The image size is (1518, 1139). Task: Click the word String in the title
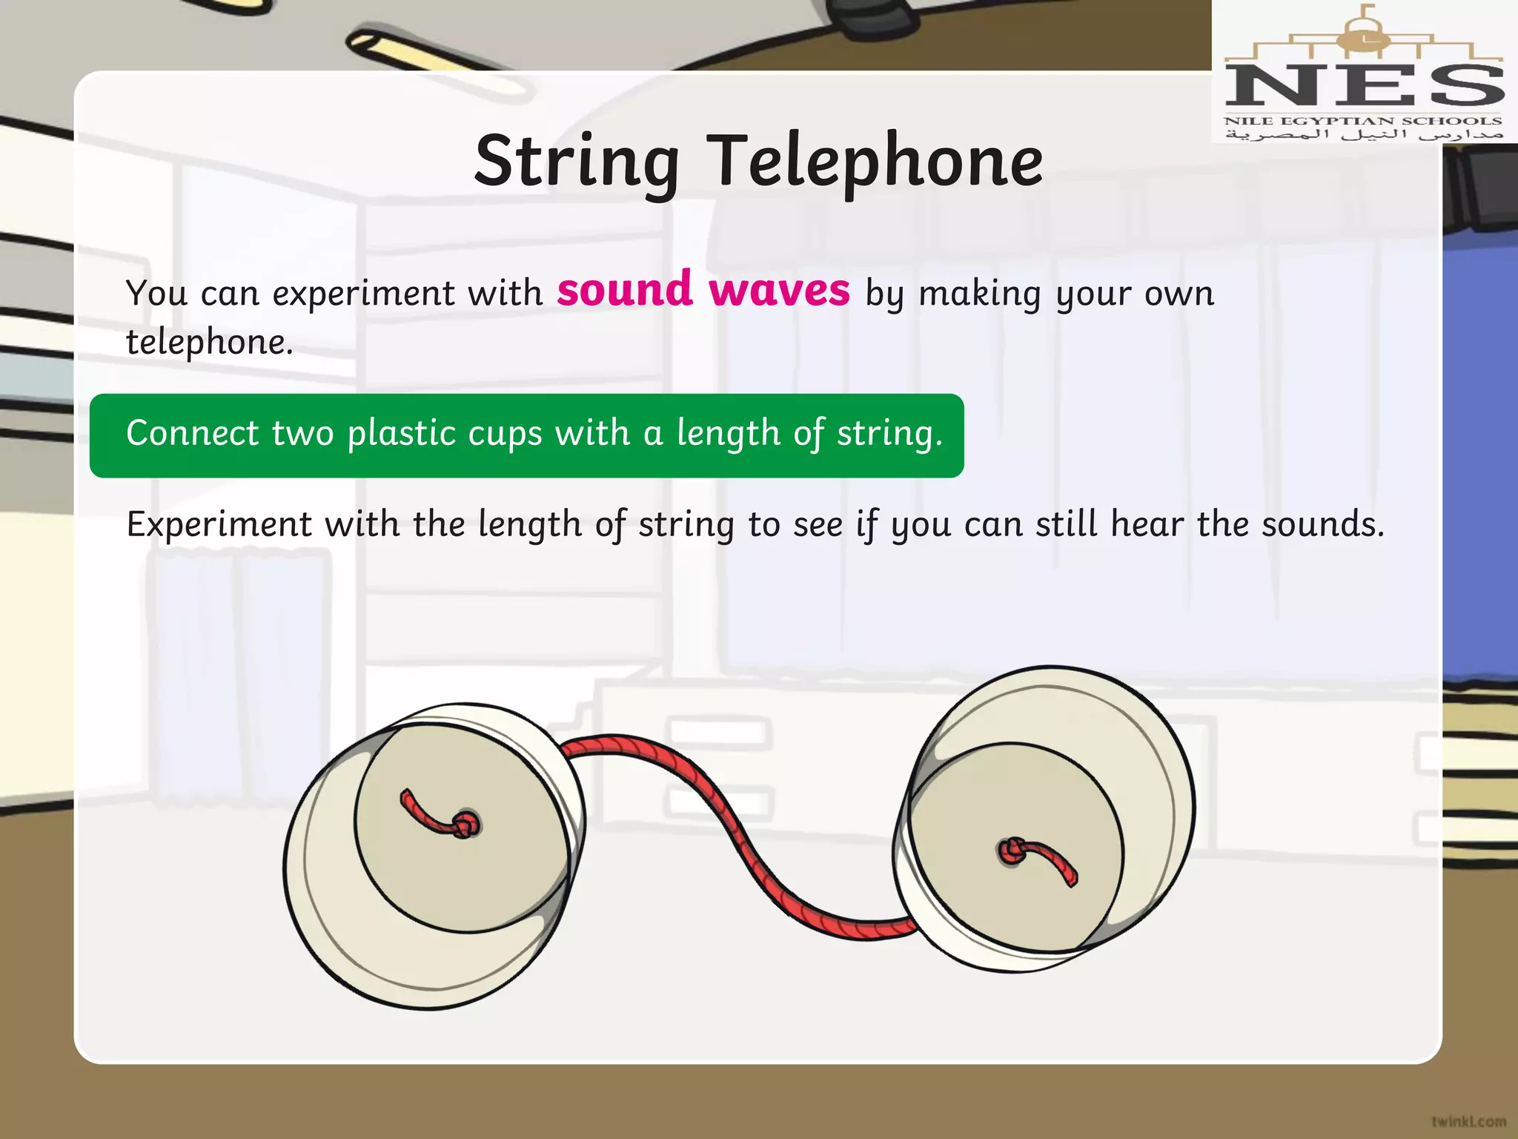577,162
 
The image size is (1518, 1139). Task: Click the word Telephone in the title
877,162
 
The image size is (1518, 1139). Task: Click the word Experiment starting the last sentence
219,525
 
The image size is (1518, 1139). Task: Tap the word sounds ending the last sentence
1323,524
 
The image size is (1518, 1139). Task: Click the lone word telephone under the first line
210,343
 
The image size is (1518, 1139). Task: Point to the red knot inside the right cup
1011,851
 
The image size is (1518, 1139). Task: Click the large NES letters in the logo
1364,86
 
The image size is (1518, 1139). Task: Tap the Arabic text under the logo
1364,135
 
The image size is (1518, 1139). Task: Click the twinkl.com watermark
1468,1121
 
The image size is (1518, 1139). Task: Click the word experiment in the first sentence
364,294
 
